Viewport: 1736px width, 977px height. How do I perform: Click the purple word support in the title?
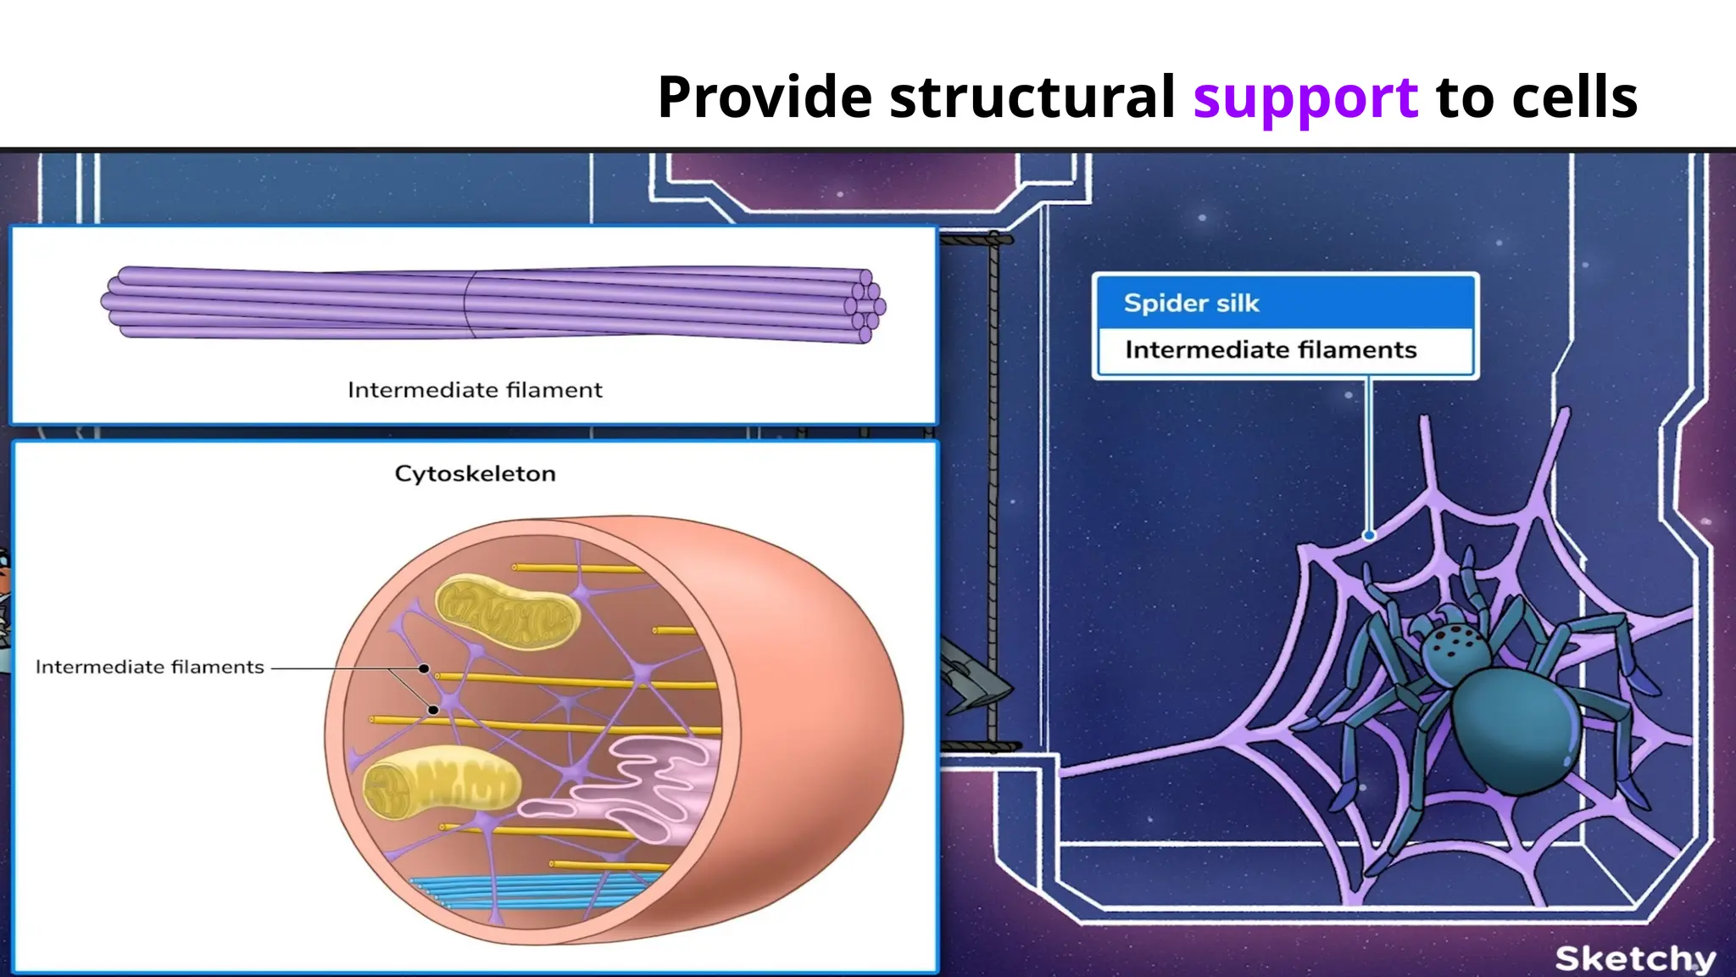(x=1305, y=98)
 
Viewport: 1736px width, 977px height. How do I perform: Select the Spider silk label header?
(x=1191, y=304)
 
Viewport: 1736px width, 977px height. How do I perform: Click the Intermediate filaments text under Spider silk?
(x=1270, y=350)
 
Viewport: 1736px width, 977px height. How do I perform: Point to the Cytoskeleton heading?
(x=475, y=474)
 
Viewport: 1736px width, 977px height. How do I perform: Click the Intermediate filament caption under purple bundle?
(x=475, y=390)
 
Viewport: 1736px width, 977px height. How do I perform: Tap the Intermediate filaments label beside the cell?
(x=149, y=667)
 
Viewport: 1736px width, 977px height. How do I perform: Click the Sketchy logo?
(x=1634, y=958)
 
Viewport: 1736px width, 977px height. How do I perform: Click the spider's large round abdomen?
(x=1517, y=729)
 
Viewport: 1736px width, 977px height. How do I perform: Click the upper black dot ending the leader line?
(x=424, y=669)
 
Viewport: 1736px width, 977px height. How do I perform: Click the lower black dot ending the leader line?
(x=433, y=710)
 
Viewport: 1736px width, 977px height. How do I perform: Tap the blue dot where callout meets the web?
(x=1368, y=535)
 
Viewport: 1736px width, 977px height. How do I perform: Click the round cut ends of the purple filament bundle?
(x=866, y=305)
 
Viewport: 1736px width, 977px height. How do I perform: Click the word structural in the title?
(x=1032, y=97)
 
